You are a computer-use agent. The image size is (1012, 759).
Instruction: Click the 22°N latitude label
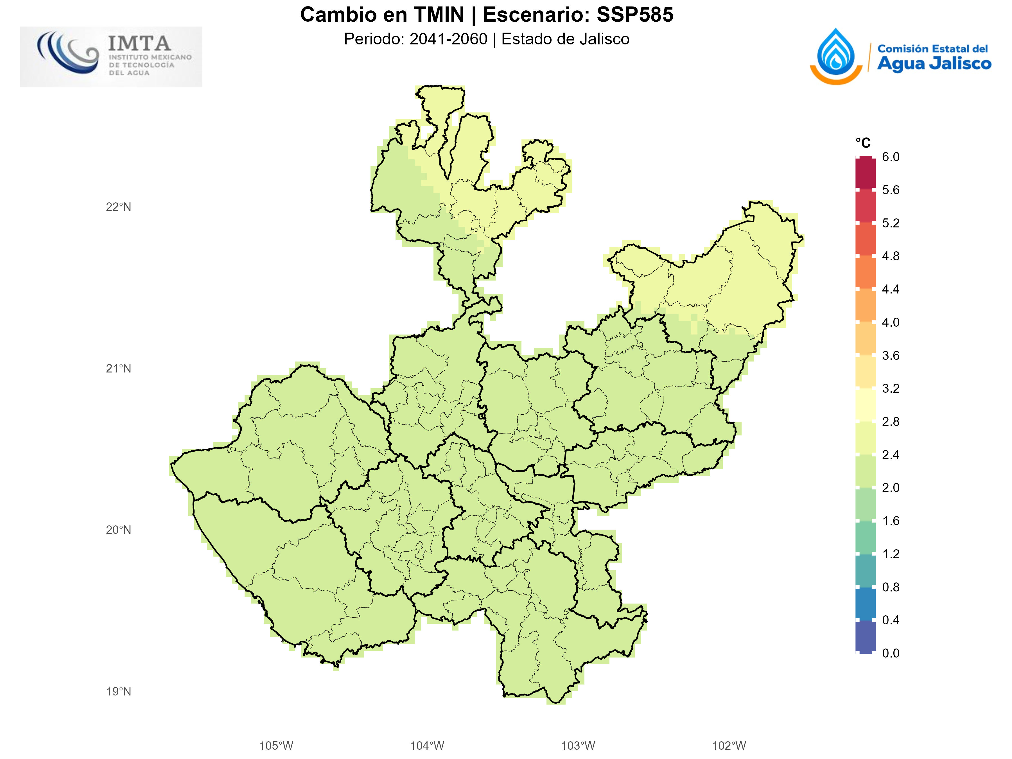(119, 207)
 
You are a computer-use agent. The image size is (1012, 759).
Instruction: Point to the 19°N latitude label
(119, 691)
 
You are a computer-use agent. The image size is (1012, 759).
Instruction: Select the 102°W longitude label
(729, 746)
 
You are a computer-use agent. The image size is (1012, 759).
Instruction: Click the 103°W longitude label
(578, 746)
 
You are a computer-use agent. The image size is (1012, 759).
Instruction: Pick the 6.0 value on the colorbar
(890, 157)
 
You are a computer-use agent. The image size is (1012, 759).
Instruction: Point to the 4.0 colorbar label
(890, 322)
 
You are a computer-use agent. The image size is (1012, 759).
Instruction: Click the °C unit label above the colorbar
(863, 143)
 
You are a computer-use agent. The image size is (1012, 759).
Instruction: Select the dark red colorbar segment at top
(865, 173)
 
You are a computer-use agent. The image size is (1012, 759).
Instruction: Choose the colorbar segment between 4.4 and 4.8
(865, 272)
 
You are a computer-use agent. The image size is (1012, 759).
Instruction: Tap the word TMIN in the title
(439, 15)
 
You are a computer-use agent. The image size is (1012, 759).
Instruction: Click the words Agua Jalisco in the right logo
(934, 64)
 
